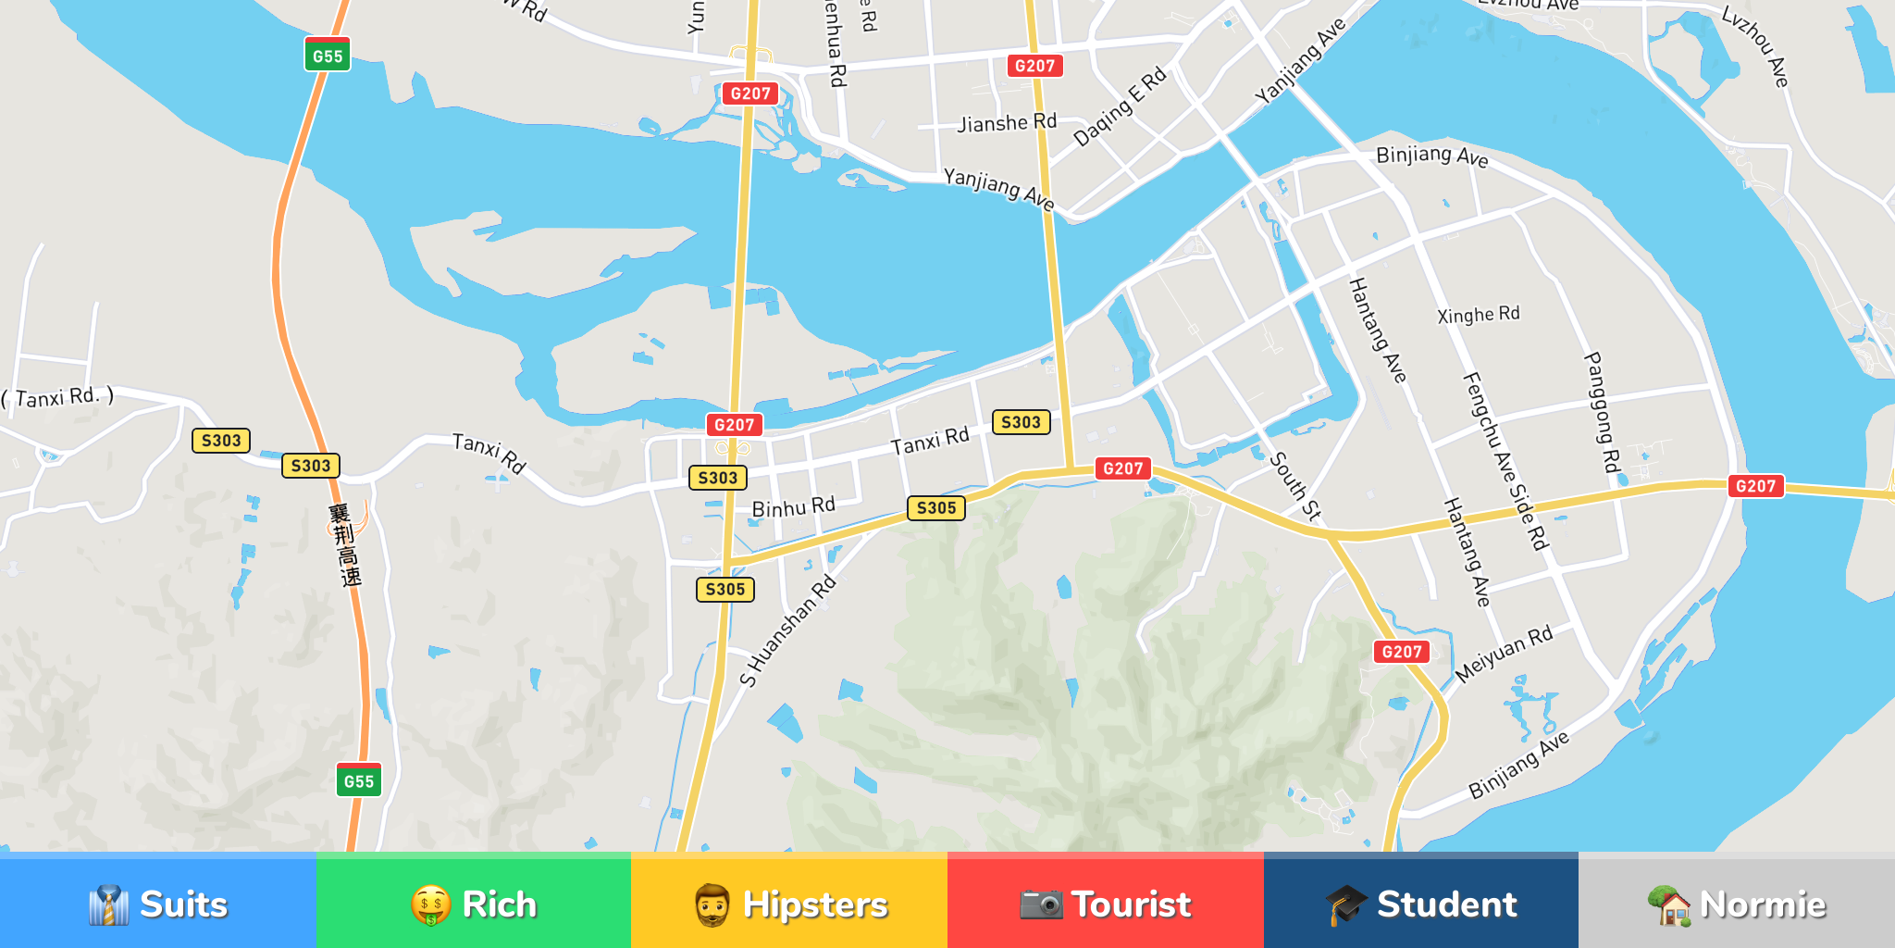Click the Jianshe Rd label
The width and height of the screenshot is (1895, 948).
point(1006,123)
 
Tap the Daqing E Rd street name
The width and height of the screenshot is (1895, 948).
point(1120,107)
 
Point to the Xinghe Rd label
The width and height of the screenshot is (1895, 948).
point(1478,315)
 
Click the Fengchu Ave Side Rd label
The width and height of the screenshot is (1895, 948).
point(1505,460)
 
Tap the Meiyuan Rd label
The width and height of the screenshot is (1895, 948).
point(1504,654)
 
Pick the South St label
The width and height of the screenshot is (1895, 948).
point(1294,486)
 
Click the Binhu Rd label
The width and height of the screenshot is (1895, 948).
point(793,507)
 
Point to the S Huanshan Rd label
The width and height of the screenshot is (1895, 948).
point(788,631)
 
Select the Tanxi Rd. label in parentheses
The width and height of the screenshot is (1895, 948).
point(57,397)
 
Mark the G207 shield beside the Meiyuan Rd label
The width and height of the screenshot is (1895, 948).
point(1401,652)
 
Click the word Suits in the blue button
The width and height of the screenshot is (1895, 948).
point(183,904)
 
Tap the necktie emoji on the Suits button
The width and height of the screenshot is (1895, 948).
point(108,904)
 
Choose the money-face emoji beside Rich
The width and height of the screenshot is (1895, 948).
point(430,904)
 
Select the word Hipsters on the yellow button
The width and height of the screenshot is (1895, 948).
point(814,904)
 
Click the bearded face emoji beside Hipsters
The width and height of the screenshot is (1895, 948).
point(712,904)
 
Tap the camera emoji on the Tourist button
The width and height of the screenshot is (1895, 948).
point(1041,904)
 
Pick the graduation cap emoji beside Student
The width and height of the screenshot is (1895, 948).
point(1345,904)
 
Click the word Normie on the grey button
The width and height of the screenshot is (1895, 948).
point(1762,904)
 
